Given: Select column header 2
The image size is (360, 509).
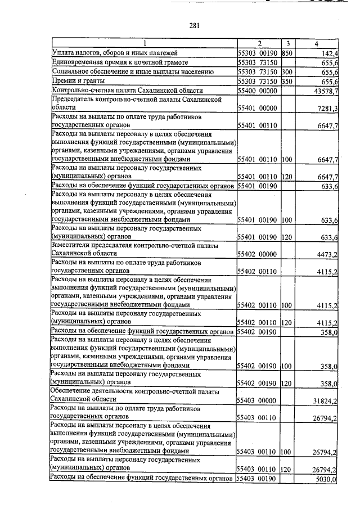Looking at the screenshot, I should pos(259,43).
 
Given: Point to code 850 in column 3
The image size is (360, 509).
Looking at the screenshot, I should pos(286,53).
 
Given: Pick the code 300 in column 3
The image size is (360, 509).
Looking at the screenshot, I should pos(286,72).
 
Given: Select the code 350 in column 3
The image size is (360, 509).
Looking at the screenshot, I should pos(286,82).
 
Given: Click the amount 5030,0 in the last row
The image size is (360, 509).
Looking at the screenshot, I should pos(327,479).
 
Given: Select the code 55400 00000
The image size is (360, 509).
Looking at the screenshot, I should pos(257,91).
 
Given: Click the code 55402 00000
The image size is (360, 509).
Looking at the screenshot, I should pos(257,255).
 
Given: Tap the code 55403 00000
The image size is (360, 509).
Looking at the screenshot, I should pos(257,402).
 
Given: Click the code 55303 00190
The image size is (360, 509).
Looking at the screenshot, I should pos(257,53).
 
